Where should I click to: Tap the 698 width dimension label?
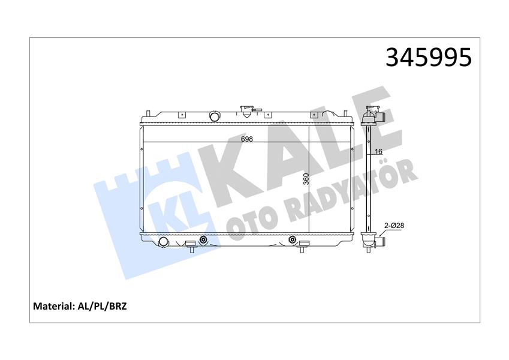246,139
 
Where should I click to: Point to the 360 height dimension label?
306,179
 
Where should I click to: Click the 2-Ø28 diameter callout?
393,225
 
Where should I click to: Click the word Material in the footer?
54,306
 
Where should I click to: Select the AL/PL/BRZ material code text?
103,306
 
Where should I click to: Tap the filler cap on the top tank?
246,111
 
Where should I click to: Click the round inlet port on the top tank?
215,116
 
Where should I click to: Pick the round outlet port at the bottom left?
163,241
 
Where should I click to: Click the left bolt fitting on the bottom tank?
203,240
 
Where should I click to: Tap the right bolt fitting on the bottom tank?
293,240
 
